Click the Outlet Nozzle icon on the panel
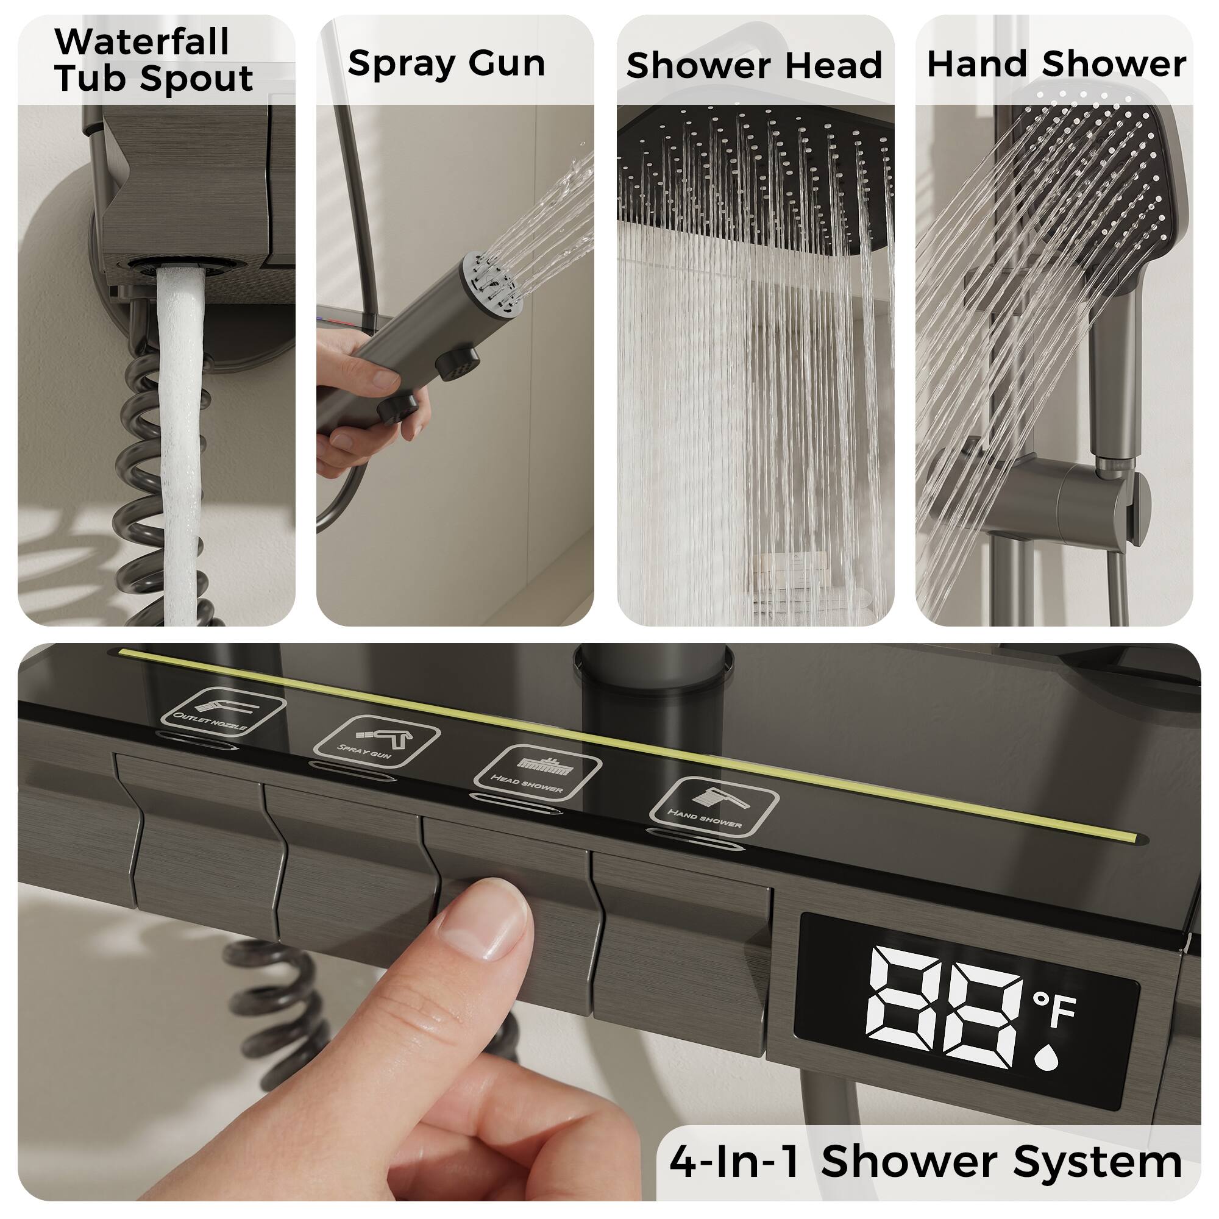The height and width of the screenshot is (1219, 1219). [x=222, y=712]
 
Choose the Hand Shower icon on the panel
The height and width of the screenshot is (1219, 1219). [x=714, y=806]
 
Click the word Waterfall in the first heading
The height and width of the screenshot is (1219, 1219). [x=142, y=42]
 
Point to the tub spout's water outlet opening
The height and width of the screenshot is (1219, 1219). [x=180, y=266]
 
